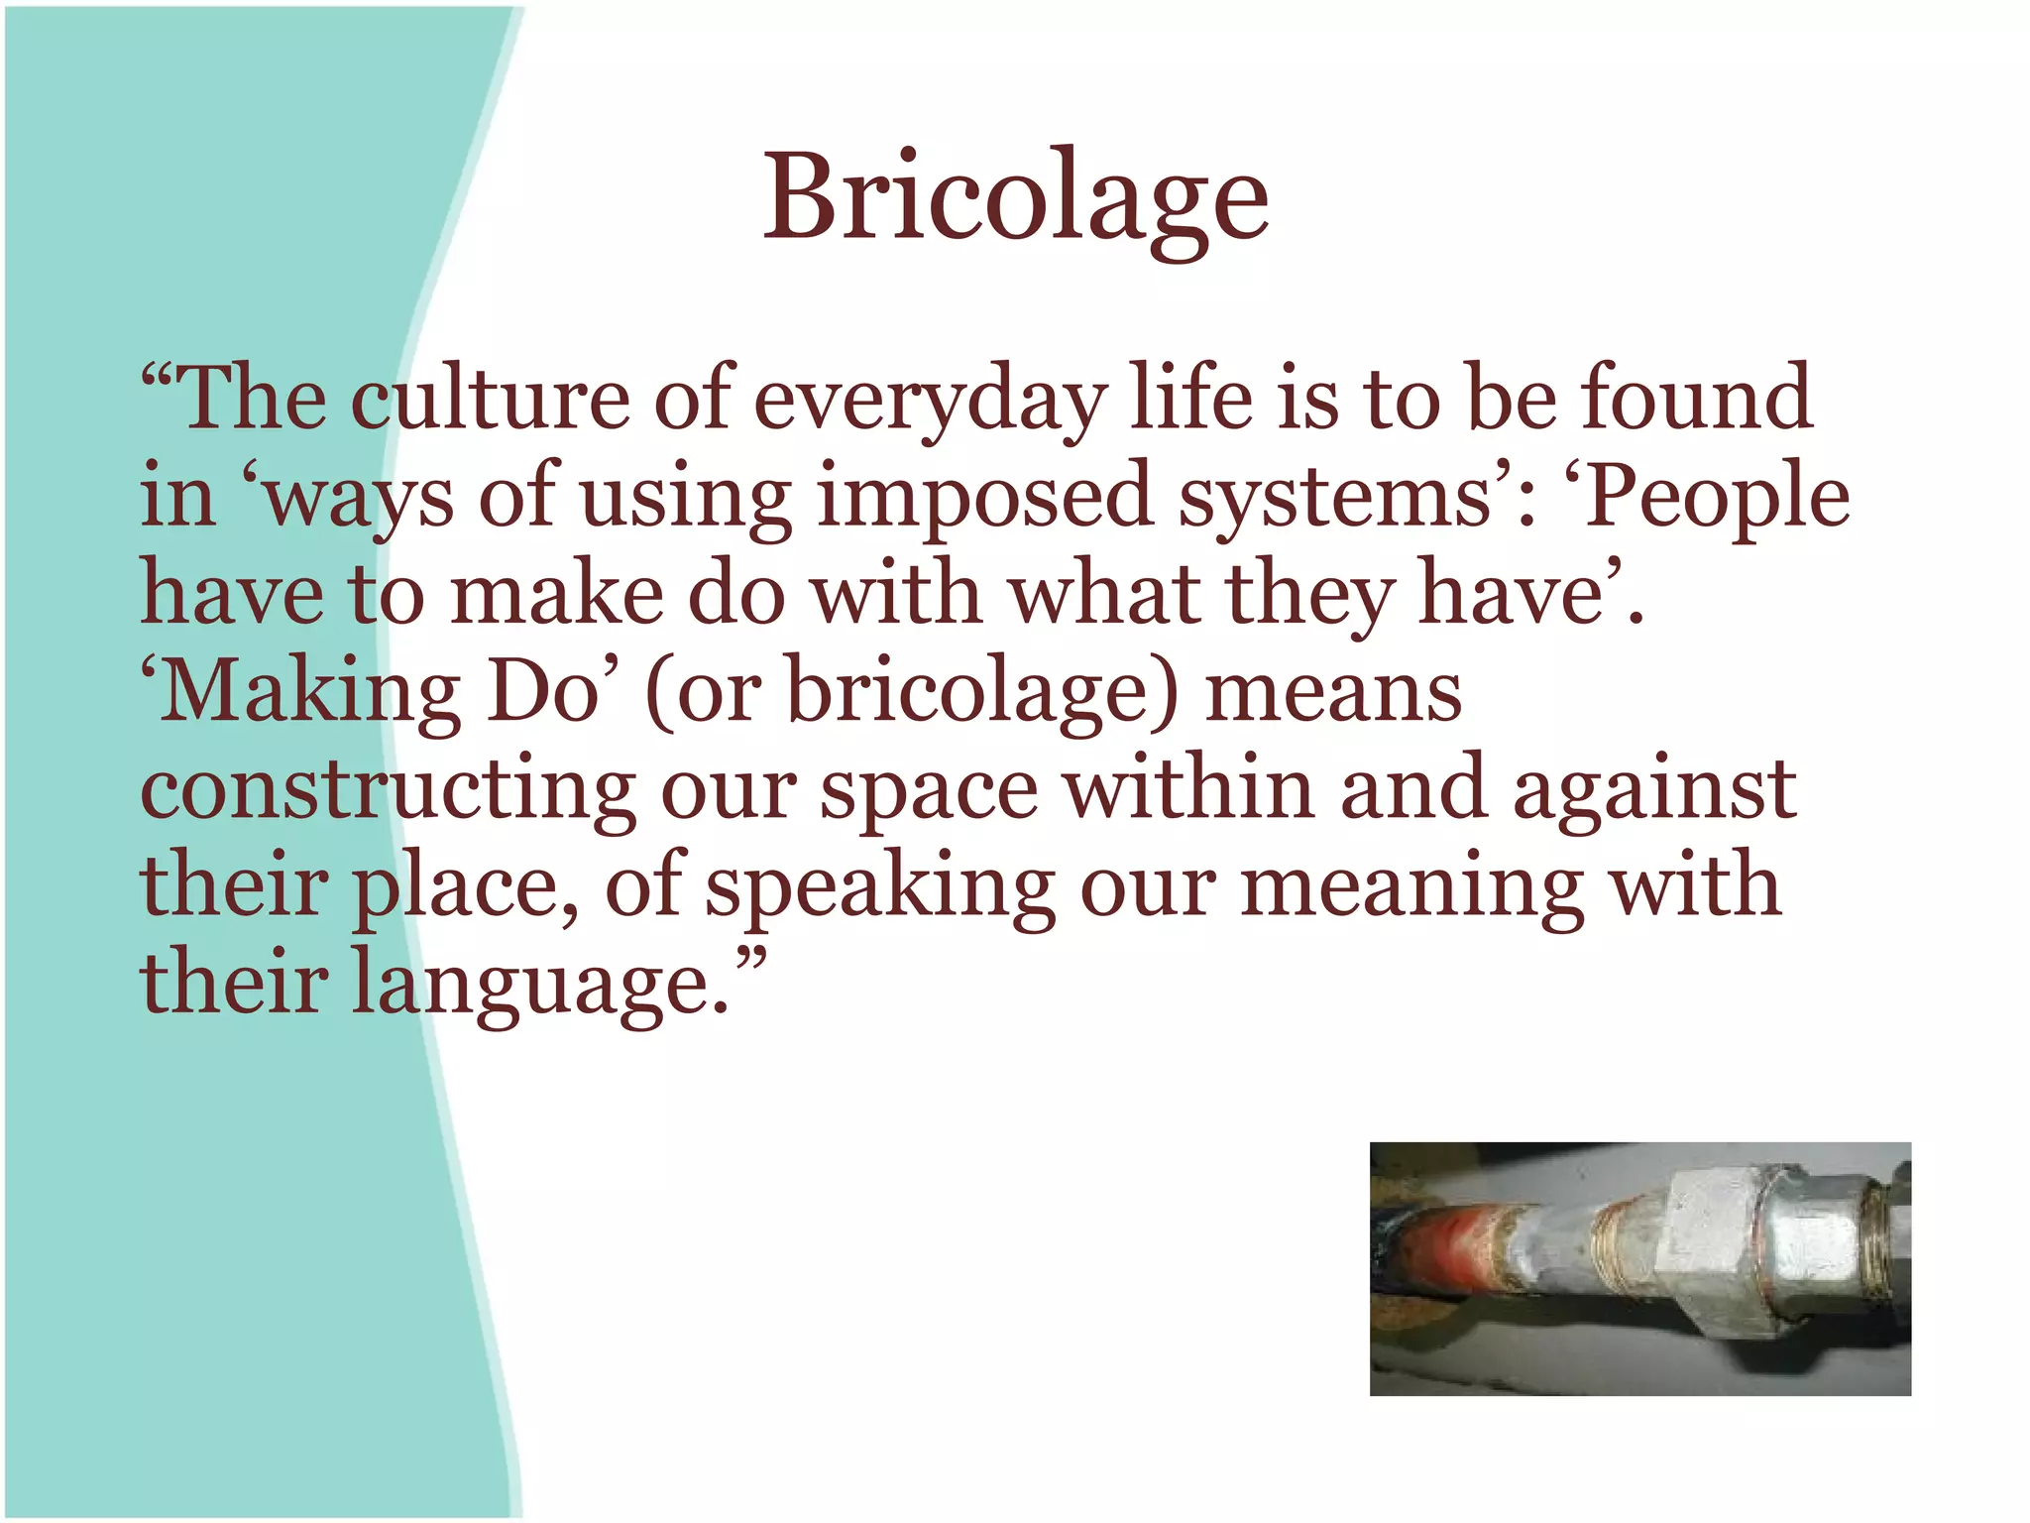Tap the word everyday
click(930, 401)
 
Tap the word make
click(556, 593)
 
